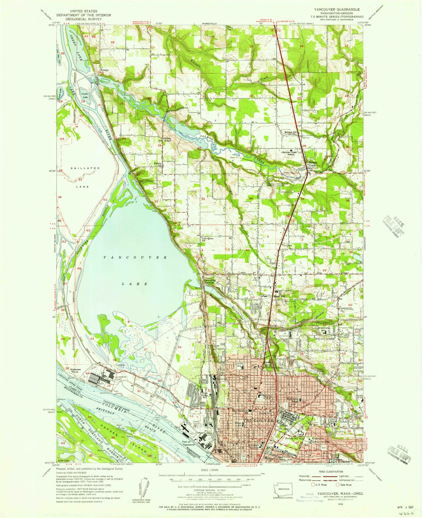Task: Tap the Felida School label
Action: [167, 139]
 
